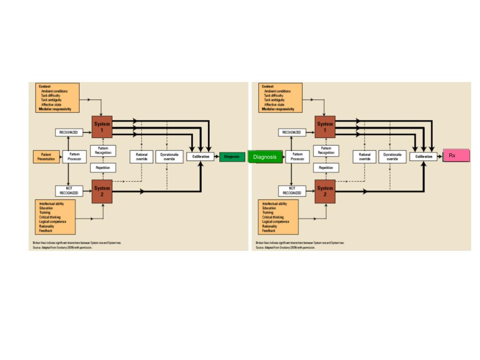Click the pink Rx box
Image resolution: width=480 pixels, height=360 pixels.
456,155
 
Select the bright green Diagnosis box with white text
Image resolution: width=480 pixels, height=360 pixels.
265,157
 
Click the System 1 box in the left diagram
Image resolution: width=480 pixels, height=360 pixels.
102,126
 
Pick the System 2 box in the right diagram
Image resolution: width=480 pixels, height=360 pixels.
325,190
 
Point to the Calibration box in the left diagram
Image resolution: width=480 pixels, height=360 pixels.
201,157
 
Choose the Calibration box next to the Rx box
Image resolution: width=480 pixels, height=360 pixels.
423,157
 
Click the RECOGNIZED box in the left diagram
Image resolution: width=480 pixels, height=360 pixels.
68,133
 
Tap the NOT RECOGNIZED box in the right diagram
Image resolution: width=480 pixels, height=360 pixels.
292,190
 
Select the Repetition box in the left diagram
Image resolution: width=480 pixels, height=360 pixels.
103,167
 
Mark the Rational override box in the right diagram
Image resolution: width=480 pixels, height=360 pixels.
365,157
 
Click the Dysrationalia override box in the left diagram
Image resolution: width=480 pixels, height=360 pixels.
169,157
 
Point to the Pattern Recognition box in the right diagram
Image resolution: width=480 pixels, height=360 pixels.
326,150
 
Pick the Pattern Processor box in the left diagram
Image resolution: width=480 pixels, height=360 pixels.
75,157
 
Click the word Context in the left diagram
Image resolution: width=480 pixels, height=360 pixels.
45,86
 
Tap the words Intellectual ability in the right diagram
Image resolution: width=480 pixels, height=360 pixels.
275,204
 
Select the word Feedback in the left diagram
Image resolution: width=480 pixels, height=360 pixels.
46,231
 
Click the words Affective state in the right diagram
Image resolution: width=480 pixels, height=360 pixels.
274,105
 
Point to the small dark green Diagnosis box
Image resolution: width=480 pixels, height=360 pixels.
232,157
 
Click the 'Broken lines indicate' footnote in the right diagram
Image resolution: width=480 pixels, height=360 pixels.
300,243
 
